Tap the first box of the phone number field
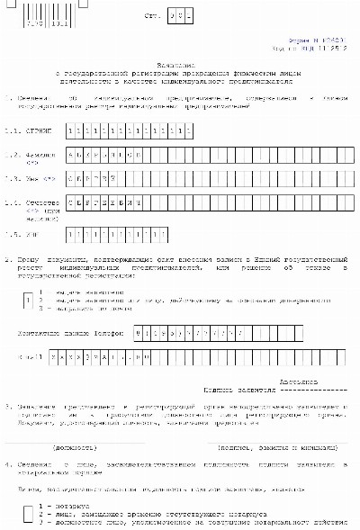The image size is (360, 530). pos(135,333)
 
